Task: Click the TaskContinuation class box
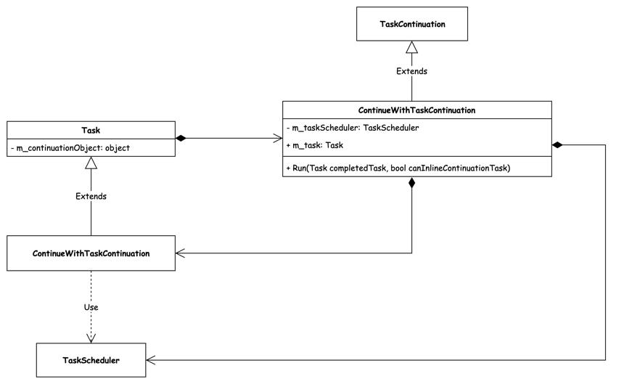click(x=412, y=24)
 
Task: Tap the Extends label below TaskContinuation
click(x=411, y=71)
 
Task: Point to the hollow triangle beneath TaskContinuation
click(x=412, y=47)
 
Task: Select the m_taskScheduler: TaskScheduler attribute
click(x=353, y=128)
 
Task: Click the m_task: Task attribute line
click(x=314, y=145)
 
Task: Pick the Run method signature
click(x=398, y=168)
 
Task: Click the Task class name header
click(x=91, y=130)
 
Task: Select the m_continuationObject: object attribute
click(x=70, y=148)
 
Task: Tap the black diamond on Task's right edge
click(x=181, y=138)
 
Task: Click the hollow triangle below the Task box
click(x=91, y=163)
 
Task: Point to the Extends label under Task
click(x=91, y=196)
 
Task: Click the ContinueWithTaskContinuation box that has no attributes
click(x=91, y=253)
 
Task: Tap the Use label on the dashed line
click(x=91, y=307)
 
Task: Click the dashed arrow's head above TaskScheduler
click(x=91, y=338)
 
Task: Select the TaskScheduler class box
click(x=91, y=360)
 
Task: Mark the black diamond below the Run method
click(x=412, y=183)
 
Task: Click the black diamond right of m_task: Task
click(x=557, y=145)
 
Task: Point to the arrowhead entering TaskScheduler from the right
click(x=151, y=360)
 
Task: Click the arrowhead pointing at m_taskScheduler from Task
click(x=278, y=138)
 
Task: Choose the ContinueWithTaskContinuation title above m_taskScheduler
click(x=416, y=110)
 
